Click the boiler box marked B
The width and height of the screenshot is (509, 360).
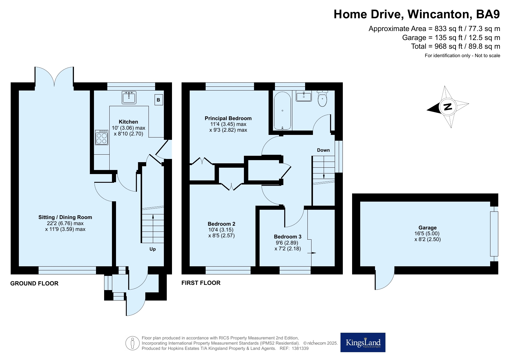pyautogui.click(x=159, y=100)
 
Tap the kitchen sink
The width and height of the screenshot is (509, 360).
pyautogui.click(x=129, y=97)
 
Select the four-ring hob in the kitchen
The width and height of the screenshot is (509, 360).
pyautogui.click(x=102, y=137)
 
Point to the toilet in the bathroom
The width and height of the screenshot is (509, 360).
pyautogui.click(x=323, y=99)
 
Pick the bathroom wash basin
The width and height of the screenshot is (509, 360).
pyautogui.click(x=304, y=96)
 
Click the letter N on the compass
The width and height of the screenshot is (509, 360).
pyautogui.click(x=448, y=107)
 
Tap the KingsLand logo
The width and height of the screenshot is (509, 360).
pyautogui.click(x=363, y=342)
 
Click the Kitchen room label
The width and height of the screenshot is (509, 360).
pyautogui.click(x=128, y=122)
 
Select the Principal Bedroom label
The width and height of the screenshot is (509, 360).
pyautogui.click(x=228, y=118)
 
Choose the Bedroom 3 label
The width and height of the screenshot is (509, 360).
pyautogui.click(x=288, y=237)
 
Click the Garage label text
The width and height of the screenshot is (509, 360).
pyautogui.click(x=428, y=228)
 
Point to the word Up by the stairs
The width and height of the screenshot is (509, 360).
pyautogui.click(x=153, y=249)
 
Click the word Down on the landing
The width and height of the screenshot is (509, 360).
pyautogui.click(x=323, y=150)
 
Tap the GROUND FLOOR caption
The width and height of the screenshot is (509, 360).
pyautogui.click(x=35, y=283)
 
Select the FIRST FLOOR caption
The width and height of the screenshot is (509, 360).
pyautogui.click(x=201, y=283)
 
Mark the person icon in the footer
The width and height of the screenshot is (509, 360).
pyautogui.click(x=133, y=343)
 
